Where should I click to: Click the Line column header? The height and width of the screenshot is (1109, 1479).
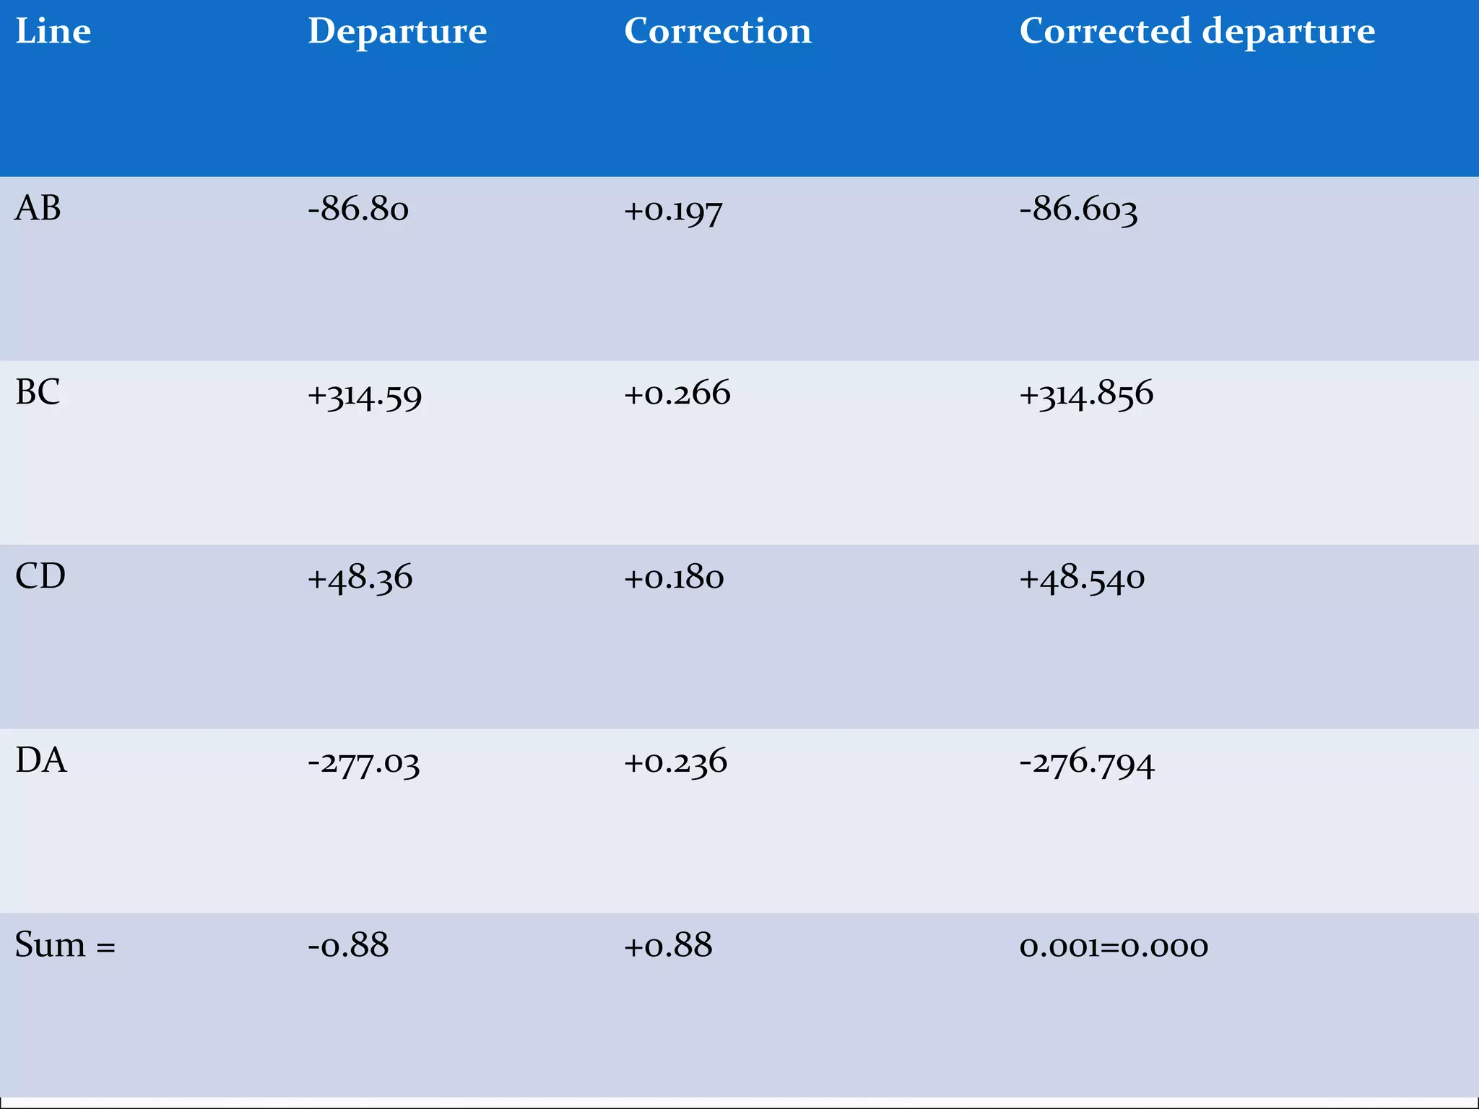click(53, 31)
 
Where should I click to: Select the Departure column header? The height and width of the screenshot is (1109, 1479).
click(397, 31)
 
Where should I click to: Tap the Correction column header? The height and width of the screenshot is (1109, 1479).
click(717, 31)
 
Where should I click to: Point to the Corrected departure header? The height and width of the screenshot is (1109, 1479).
click(1197, 31)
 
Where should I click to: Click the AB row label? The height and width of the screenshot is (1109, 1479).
click(38, 208)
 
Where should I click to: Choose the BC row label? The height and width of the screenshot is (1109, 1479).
click(38, 392)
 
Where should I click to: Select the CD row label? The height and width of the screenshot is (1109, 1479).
click(40, 576)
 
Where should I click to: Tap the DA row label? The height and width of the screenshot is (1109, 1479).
click(41, 760)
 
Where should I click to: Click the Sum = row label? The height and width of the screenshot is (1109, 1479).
click(65, 944)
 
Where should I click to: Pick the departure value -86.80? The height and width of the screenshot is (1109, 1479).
click(358, 209)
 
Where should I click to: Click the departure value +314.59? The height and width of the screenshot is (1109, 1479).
click(365, 395)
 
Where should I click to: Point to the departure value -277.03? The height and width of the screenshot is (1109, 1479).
click(363, 763)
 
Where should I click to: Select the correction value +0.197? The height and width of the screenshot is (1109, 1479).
click(673, 211)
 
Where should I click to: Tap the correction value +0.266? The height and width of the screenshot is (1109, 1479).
click(677, 393)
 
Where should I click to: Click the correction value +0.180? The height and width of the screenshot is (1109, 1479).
click(674, 578)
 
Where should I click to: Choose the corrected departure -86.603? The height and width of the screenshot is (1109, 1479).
click(1078, 209)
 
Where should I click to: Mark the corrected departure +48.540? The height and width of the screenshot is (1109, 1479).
click(1082, 578)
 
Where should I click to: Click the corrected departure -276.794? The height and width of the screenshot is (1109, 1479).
click(1087, 763)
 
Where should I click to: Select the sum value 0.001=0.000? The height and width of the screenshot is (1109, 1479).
click(1114, 946)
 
